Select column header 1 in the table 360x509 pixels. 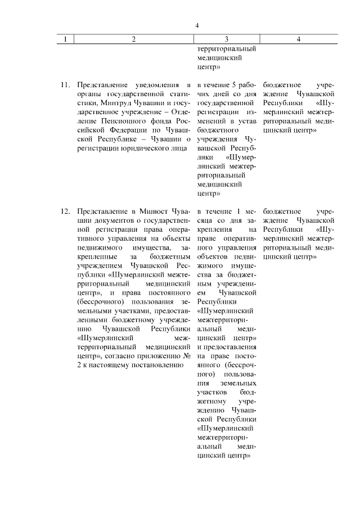66,39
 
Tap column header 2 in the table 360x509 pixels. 133,39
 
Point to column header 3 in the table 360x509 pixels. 226,39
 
